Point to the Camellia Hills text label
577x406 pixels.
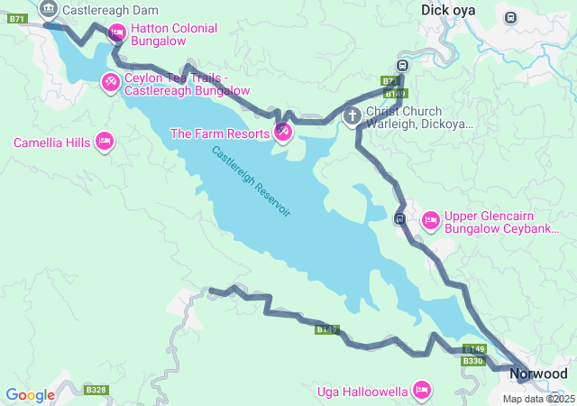coord(51,143)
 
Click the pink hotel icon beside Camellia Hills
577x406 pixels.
coord(105,142)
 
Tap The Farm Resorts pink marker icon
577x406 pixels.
coord(283,133)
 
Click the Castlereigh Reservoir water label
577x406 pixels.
coord(252,180)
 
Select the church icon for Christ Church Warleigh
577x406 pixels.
coord(353,115)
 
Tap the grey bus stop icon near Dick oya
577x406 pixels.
coord(511,17)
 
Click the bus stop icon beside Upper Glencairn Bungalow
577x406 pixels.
coord(400,218)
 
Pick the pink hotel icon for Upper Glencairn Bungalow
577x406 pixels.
coord(430,219)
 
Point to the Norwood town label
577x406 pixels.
coord(538,374)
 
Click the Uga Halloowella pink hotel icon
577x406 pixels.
coord(420,391)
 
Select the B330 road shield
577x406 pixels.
coord(472,361)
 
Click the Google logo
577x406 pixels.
coord(30,394)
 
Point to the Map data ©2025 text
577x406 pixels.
coord(537,399)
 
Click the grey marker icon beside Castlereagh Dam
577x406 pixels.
coord(49,10)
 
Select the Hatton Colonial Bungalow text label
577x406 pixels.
coord(173,35)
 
